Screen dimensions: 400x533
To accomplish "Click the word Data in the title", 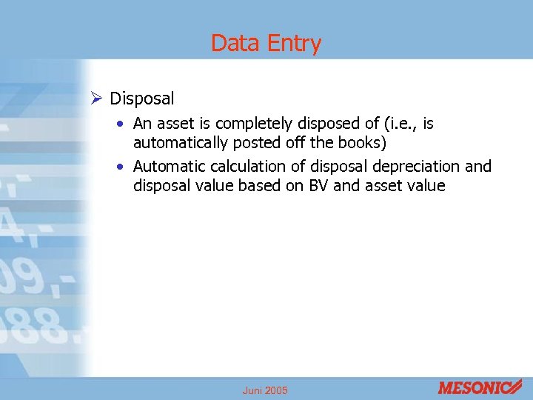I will (x=235, y=44).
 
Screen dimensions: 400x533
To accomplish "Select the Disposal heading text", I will (x=141, y=99).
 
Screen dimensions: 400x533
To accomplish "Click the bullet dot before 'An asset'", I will (x=121, y=124).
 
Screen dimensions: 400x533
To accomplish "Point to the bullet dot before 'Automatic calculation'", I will (x=121, y=167).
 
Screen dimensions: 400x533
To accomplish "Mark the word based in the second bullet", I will (x=260, y=186).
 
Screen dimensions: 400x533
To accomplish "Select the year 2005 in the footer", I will (x=277, y=390).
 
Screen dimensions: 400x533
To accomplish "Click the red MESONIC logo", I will (x=479, y=387).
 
